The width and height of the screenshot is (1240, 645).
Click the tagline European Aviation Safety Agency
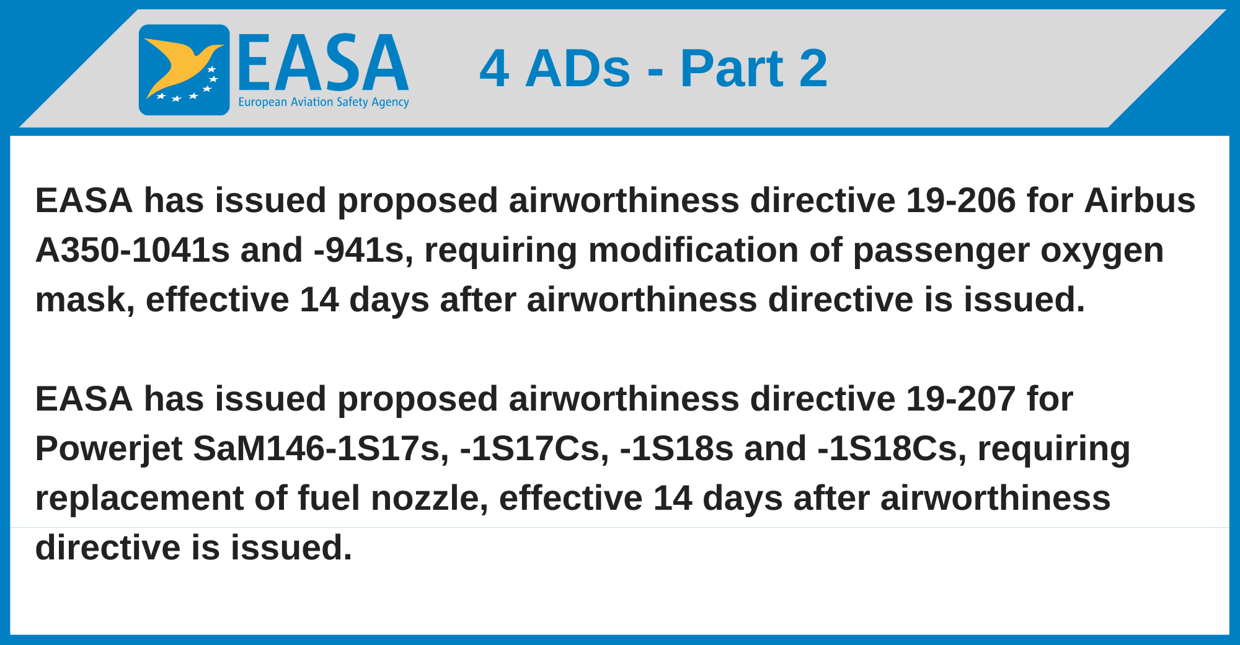[x=324, y=102]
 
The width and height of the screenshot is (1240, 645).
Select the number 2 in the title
[x=813, y=68]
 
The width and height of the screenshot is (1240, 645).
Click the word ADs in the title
[x=578, y=68]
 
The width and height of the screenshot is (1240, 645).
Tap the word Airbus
[x=1140, y=201]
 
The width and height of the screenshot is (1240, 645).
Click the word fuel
[x=329, y=499]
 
